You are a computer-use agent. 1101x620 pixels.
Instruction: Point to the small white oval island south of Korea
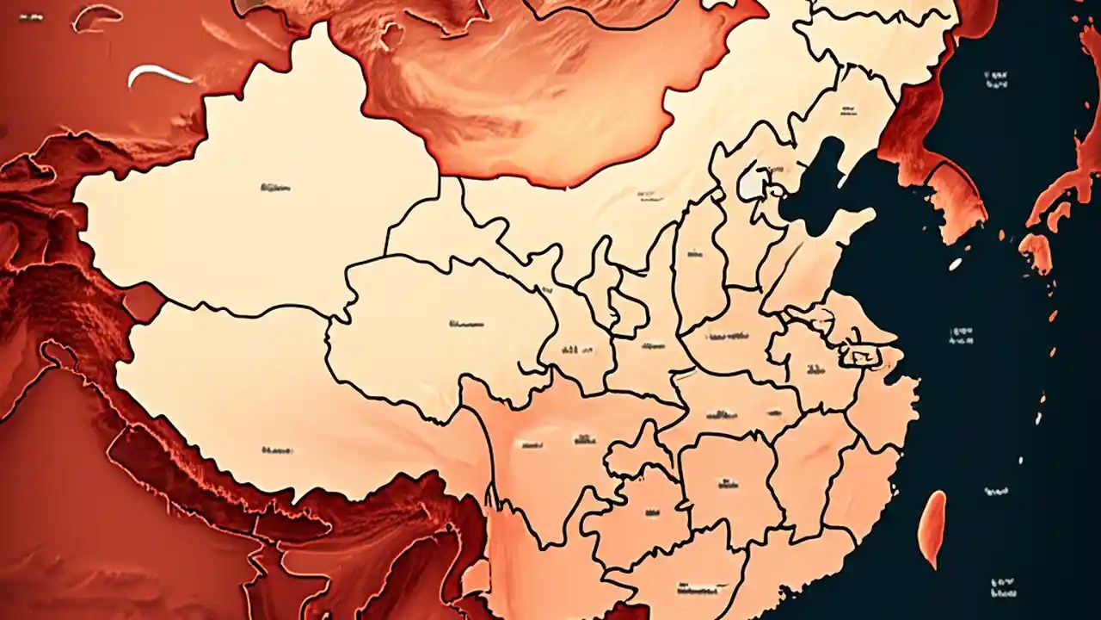[x=955, y=264]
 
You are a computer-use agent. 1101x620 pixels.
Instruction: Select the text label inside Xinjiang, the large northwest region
[x=275, y=186]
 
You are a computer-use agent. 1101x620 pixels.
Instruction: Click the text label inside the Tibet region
[x=277, y=449]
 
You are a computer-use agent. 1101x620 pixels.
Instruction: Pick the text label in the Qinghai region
[x=466, y=325]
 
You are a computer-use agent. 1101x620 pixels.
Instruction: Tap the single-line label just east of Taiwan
[x=996, y=492]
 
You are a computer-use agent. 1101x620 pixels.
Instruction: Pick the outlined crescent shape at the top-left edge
[x=96, y=16]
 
